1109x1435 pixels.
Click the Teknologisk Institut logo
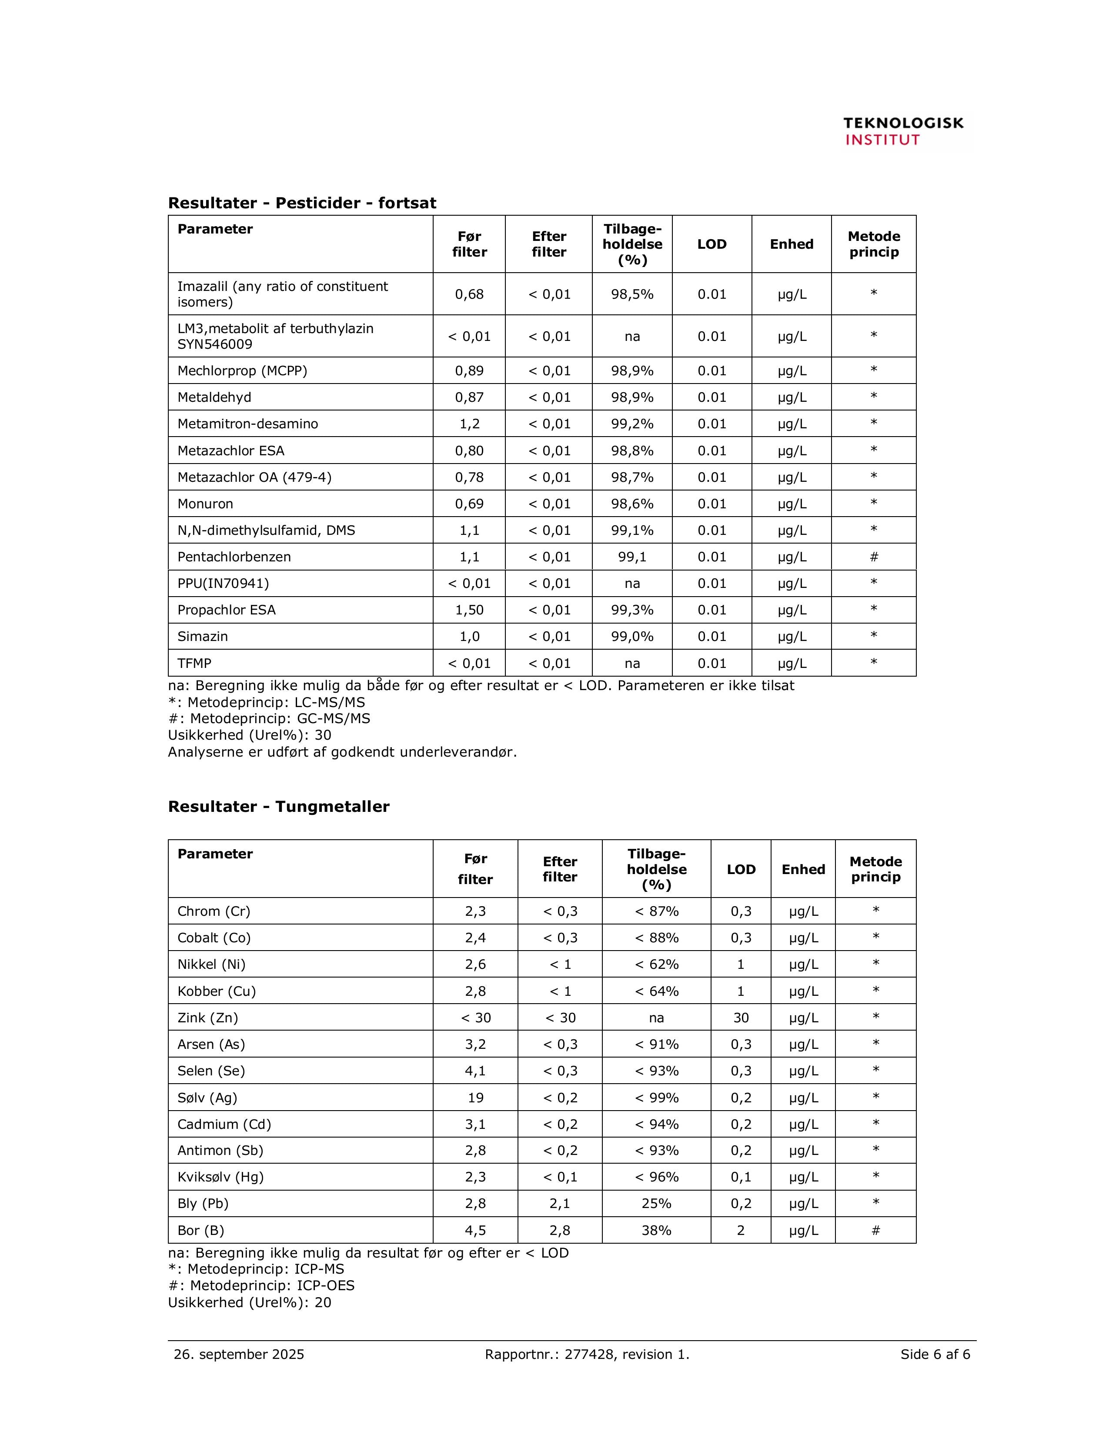[x=903, y=131]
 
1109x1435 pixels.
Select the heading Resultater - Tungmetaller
[x=279, y=806]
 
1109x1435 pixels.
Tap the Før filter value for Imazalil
[x=469, y=294]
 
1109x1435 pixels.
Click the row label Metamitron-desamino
[x=248, y=424]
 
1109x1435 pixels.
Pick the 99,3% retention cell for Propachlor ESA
[x=632, y=610]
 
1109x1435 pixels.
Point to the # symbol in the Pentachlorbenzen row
[x=874, y=557]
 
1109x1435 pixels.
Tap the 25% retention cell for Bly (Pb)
[x=656, y=1203]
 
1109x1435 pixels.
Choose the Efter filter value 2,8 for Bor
[x=560, y=1230]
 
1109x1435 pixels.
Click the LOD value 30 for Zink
[x=741, y=1018]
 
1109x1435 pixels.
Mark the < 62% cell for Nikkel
[x=656, y=964]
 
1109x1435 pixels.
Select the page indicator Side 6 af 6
[x=935, y=1354]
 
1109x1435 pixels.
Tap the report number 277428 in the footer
[x=589, y=1354]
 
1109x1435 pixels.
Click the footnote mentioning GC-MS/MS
[x=269, y=718]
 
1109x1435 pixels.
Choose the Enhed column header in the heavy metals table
[x=803, y=869]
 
